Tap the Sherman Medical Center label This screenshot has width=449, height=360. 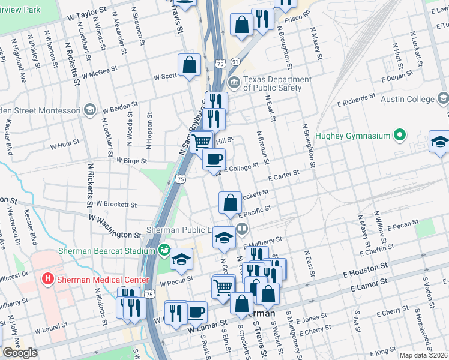(91, 278)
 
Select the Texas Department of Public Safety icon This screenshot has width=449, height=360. (234, 82)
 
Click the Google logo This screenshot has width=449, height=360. (20, 353)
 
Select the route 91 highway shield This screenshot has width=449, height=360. (235, 61)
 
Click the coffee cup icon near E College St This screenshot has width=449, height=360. (214, 159)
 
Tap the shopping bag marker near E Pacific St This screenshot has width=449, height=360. (231, 203)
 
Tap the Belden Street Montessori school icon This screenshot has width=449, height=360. (89, 109)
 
